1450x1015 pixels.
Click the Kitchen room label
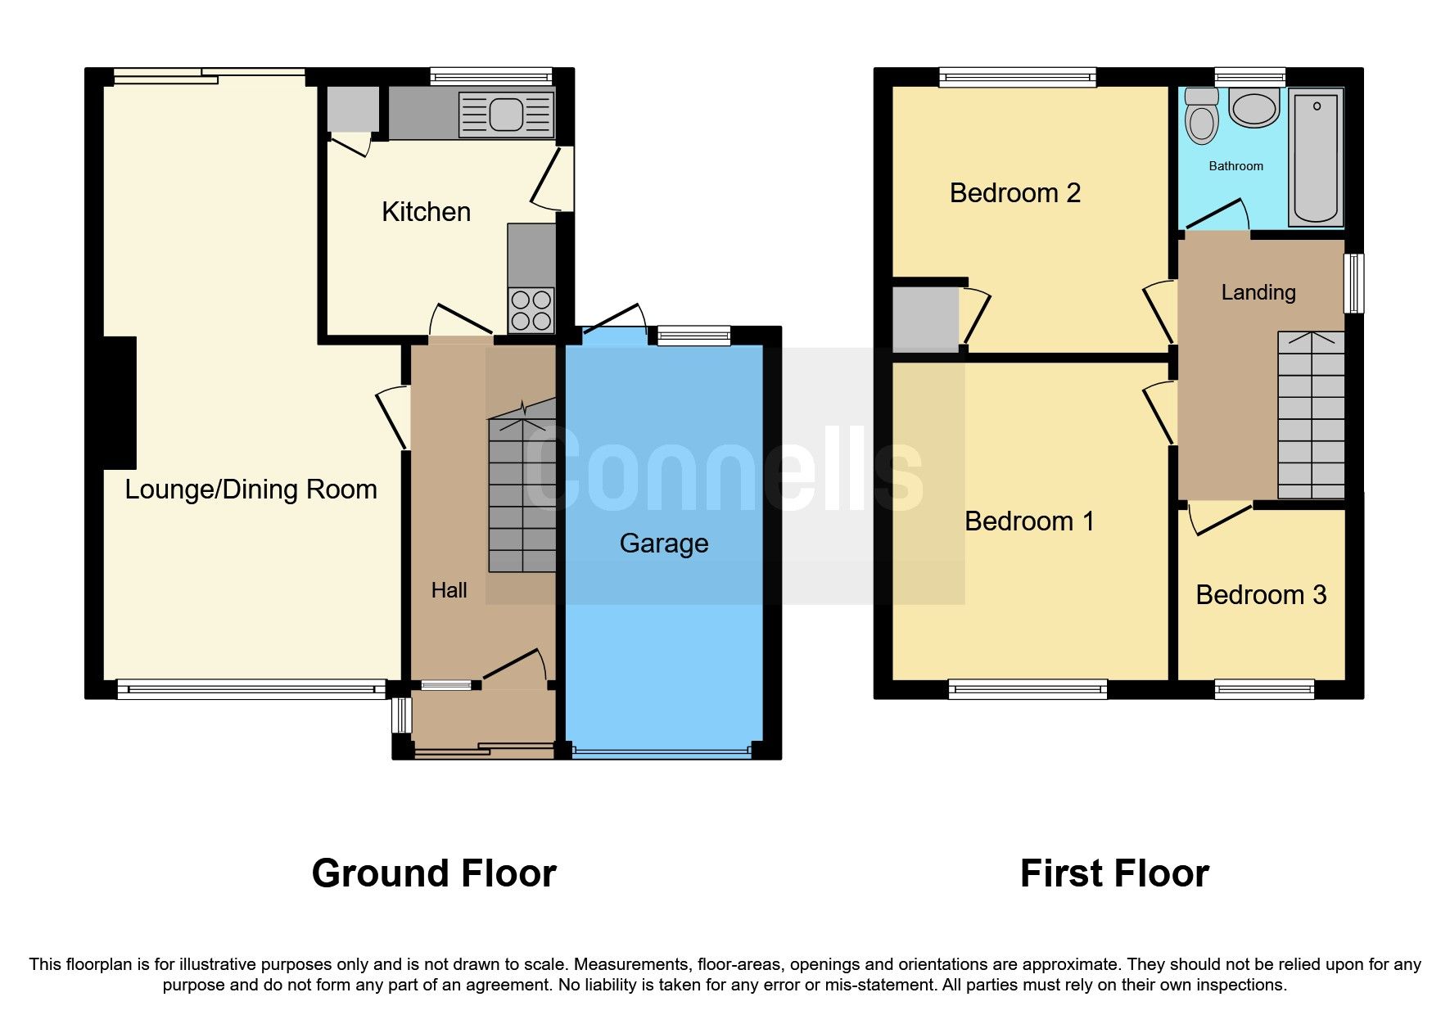[x=426, y=212]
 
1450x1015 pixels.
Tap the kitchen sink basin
[x=506, y=115]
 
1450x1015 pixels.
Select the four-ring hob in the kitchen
[x=531, y=310]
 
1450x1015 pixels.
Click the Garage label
[x=663, y=544]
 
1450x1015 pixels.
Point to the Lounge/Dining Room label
[x=251, y=489]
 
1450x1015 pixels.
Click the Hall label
[x=449, y=590]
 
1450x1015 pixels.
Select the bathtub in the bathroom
[x=1316, y=157]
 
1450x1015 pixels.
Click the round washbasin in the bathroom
[x=1254, y=108]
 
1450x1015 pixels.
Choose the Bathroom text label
[x=1235, y=166]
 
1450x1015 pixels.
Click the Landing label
[x=1258, y=292]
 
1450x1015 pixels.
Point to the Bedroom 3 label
[x=1260, y=595]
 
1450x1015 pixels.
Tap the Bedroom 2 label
[x=1014, y=193]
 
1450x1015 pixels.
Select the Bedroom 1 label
[x=1028, y=521]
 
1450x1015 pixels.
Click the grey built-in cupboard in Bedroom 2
[x=924, y=318]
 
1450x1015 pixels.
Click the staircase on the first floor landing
[x=1311, y=415]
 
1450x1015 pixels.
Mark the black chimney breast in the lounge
[x=120, y=403]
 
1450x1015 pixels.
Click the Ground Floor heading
[x=434, y=873]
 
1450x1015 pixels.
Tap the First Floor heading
[x=1113, y=873]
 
